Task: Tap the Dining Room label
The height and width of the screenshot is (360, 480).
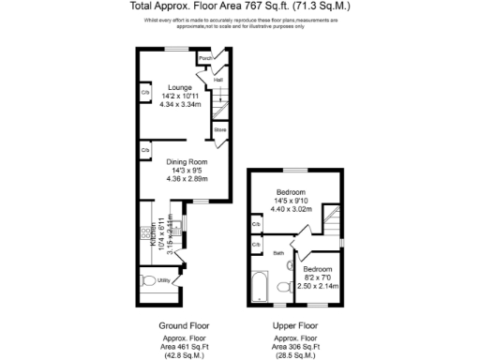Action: [186, 161]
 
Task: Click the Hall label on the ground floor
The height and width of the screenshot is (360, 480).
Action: [218, 81]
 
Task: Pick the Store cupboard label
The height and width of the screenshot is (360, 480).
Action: [219, 129]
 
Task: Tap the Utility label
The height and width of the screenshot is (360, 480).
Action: [163, 280]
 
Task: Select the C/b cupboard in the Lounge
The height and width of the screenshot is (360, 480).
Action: [145, 93]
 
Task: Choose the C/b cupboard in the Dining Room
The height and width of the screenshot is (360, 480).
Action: [145, 150]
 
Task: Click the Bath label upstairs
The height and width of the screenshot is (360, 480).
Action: [278, 253]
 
